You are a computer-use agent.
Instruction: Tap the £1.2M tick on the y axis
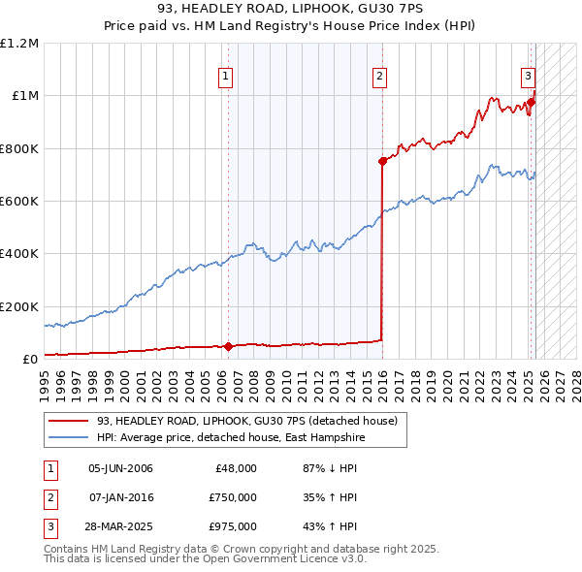(20, 44)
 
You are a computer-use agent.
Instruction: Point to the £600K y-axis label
(18, 202)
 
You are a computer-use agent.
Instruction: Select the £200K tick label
(18, 306)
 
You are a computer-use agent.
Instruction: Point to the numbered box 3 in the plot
(528, 76)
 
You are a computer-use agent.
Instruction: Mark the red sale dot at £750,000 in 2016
(382, 162)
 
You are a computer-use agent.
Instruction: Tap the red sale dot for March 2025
(532, 103)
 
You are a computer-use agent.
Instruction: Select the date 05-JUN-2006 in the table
(120, 469)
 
